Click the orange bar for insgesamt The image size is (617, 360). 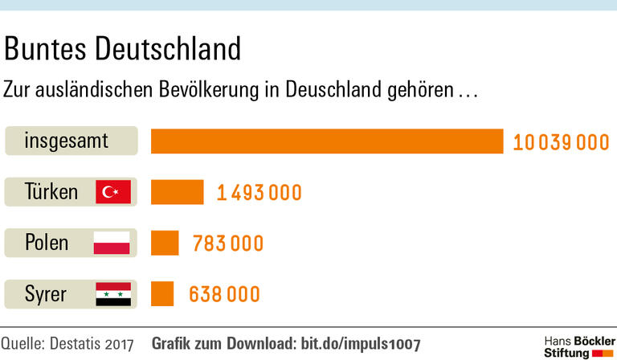coord(327,141)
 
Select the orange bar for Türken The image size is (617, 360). coord(178,192)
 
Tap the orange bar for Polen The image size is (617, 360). coord(165,243)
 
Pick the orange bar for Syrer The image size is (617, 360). coord(162,293)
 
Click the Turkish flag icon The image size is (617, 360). coord(112,192)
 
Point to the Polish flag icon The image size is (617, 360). coord(112,243)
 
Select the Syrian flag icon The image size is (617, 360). coord(112,294)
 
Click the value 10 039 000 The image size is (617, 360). coord(562,142)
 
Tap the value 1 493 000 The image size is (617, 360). coord(259,193)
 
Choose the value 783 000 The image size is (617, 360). coord(228,243)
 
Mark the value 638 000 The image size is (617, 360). coord(225,294)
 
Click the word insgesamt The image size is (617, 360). coord(66,141)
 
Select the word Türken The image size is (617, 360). coord(51,192)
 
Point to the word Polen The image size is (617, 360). coord(47,243)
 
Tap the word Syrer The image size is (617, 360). coord(46,294)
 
